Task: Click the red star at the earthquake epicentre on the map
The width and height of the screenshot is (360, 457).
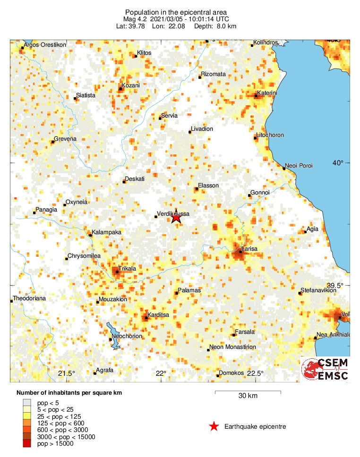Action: tap(176, 217)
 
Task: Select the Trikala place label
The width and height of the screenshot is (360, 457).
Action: tap(127, 268)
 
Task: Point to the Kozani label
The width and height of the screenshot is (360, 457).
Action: tap(131, 85)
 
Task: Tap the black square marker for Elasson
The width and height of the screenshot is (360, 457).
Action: tap(196, 189)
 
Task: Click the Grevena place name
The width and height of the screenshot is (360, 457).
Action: tap(65, 139)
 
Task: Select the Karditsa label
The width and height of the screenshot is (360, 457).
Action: tap(159, 314)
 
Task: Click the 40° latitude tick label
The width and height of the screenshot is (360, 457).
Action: tap(337, 163)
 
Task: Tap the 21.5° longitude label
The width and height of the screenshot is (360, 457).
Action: tap(67, 373)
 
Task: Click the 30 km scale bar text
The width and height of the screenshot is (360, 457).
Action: tap(248, 396)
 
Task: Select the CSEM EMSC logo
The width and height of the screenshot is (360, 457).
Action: tap(326, 369)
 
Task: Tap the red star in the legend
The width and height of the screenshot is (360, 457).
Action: tap(214, 427)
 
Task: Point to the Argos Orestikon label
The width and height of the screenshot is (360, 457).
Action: tap(45, 44)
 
